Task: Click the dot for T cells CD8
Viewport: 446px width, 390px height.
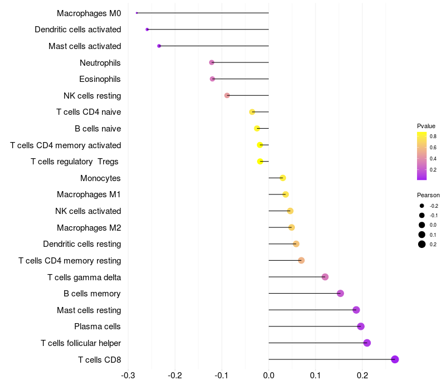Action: [x=395, y=359]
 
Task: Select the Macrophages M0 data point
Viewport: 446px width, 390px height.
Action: [x=137, y=13]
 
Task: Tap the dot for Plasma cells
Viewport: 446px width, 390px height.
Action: [x=361, y=326]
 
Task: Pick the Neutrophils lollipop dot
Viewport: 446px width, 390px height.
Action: [x=211, y=62]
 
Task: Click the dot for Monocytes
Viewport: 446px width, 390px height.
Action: [x=283, y=178]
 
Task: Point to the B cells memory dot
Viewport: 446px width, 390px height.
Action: [x=341, y=294]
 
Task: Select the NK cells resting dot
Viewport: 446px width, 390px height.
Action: [x=227, y=95]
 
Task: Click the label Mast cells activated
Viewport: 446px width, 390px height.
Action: [x=85, y=46]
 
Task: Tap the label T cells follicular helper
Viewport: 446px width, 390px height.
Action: [x=81, y=343]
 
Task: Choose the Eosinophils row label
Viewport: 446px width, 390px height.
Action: [x=100, y=79]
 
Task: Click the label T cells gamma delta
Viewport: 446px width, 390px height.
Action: [x=84, y=277]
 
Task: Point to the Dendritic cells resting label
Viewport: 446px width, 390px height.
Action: [x=82, y=244]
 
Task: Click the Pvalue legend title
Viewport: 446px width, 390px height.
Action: [x=426, y=126]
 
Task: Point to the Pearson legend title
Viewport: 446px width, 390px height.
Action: [x=428, y=195]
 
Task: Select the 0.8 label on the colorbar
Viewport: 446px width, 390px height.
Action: [x=433, y=136]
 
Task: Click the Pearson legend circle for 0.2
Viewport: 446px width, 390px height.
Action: [x=422, y=244]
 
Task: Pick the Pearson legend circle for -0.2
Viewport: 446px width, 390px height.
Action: [x=422, y=206]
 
